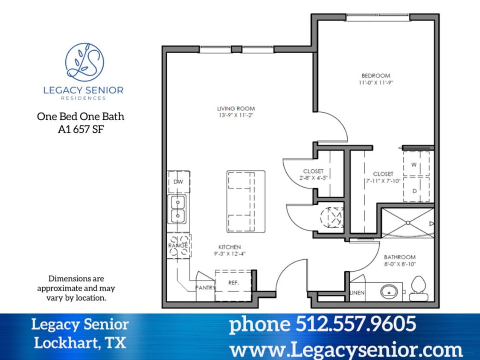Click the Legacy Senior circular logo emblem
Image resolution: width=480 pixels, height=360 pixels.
84,62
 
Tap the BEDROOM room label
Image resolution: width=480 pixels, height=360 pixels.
375,76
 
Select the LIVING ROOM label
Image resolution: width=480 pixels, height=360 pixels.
236,109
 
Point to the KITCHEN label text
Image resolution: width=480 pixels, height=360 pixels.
230,247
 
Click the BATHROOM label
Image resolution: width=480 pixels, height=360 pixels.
399,257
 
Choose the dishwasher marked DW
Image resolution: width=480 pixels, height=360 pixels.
178,182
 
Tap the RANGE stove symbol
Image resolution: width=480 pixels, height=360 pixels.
178,246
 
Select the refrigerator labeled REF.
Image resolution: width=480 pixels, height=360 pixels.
233,283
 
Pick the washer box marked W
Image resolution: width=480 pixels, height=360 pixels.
414,164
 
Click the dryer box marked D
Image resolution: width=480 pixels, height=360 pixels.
414,191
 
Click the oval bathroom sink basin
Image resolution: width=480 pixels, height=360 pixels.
389,292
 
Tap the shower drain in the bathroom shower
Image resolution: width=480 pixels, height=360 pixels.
408,223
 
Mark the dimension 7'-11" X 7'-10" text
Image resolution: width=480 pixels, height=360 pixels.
383,181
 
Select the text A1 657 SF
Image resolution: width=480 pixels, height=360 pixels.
81,129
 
